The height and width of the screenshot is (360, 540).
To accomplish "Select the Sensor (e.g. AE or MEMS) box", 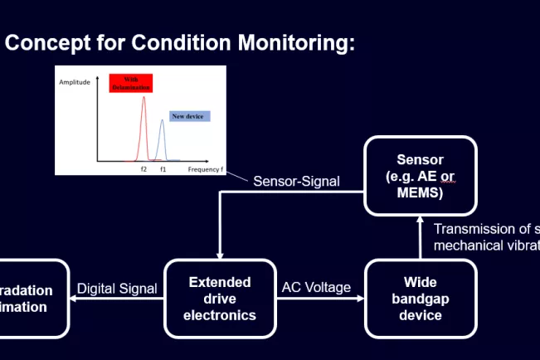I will tap(421, 176).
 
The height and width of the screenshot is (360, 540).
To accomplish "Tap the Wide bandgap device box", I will tap(421, 299).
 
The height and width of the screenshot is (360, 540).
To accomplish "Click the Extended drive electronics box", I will tap(219, 299).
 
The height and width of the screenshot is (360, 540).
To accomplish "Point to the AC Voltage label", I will tap(315, 288).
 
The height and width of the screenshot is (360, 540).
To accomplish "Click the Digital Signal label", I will tap(117, 289).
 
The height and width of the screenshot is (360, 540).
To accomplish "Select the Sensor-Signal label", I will tap(296, 181).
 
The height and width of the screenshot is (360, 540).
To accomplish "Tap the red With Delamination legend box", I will tap(134, 82).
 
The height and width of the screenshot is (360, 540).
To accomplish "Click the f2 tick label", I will tap(144, 169).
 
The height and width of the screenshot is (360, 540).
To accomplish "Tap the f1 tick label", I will tap(163, 169).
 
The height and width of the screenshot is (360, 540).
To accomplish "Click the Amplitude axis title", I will tap(74, 82).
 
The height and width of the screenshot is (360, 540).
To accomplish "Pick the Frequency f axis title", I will tap(204, 169).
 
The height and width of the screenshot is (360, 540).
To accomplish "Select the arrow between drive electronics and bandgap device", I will tap(319, 299).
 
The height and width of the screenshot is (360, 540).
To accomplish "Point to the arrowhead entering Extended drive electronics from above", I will tap(219, 254).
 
